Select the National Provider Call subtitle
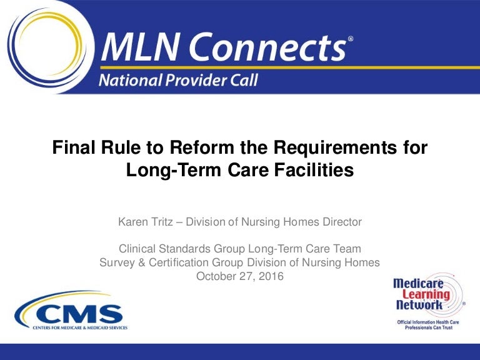tap(176, 80)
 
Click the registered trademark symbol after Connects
tap(351, 39)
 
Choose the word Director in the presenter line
tap(340, 222)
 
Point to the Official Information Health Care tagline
tap(426, 321)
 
